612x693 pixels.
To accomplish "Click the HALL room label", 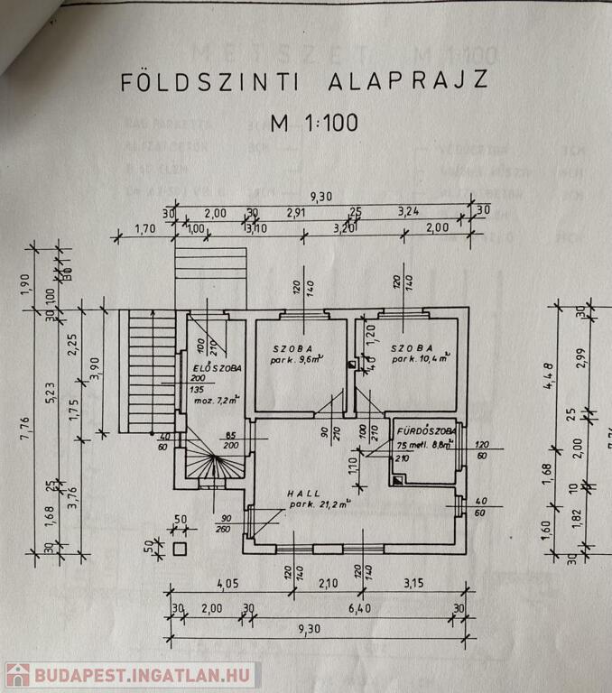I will click(303, 494).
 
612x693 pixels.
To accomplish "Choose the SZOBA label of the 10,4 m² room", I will click(412, 347).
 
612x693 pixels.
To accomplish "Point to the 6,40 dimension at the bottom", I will click(357, 608).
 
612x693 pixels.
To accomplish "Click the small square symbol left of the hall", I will click(179, 548).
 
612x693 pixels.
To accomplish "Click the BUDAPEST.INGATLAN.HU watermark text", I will click(146, 675).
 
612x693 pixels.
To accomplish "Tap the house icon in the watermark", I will click(18, 675).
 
